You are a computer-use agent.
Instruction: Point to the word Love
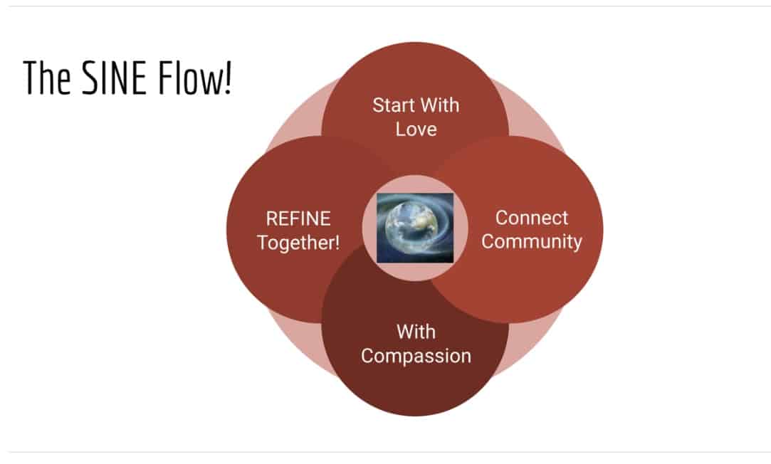pos(416,130)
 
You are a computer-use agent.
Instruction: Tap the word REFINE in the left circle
pos(298,218)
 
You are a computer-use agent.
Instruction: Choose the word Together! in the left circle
pos(298,242)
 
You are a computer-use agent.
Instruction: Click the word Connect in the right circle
pos(532,217)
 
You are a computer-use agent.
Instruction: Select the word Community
pos(532,241)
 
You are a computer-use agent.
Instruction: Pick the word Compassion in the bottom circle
pos(416,355)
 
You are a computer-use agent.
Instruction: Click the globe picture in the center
pos(415,228)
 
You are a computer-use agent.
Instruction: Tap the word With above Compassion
pos(416,331)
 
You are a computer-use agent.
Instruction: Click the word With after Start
pos(440,105)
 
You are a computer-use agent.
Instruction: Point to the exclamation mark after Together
pos(337,242)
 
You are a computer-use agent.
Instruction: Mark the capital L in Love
pos(400,130)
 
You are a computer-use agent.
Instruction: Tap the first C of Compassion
pos(367,355)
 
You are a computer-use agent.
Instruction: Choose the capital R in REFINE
pos(271,218)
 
